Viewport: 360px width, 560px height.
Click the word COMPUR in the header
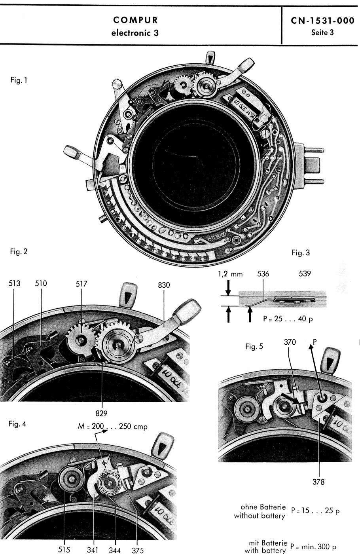coord(135,20)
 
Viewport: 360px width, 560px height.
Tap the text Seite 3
coord(322,32)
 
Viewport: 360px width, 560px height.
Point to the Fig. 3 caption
coord(301,252)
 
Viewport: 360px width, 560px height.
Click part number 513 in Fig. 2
coord(14,283)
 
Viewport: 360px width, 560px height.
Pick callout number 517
coord(82,284)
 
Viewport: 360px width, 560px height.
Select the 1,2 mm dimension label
coord(230,273)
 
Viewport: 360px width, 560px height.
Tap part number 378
coord(318,482)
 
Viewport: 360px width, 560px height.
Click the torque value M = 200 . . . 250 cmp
coord(113,427)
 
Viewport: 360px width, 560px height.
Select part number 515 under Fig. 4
coord(64,550)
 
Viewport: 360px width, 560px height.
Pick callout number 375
coord(138,550)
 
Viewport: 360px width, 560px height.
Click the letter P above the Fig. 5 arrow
coord(315,340)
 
